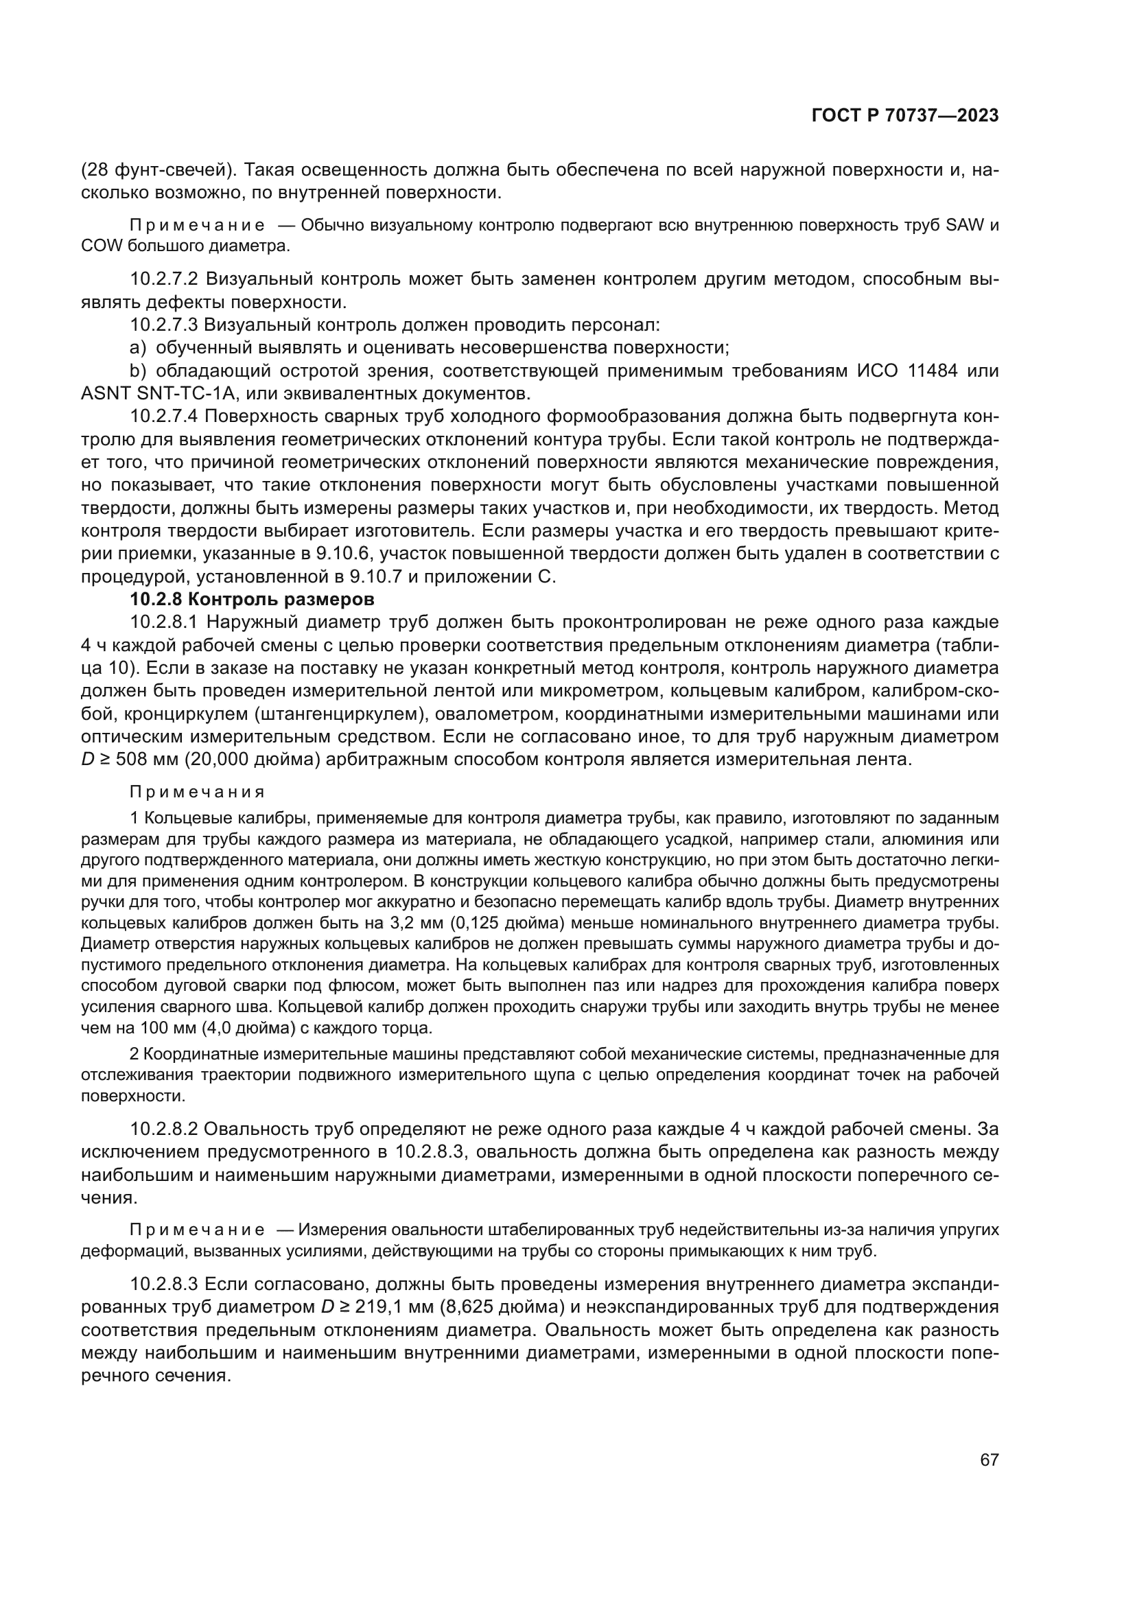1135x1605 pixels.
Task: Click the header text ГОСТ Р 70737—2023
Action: [x=904, y=116]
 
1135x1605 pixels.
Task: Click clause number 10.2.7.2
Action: [x=164, y=279]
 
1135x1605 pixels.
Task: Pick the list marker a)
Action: [x=139, y=347]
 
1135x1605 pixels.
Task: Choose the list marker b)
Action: [x=139, y=371]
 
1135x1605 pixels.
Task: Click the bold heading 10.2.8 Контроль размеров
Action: [x=253, y=600]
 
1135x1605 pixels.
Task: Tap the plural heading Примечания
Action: [x=197, y=792]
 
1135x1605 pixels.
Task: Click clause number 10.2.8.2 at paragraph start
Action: [x=164, y=1129]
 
